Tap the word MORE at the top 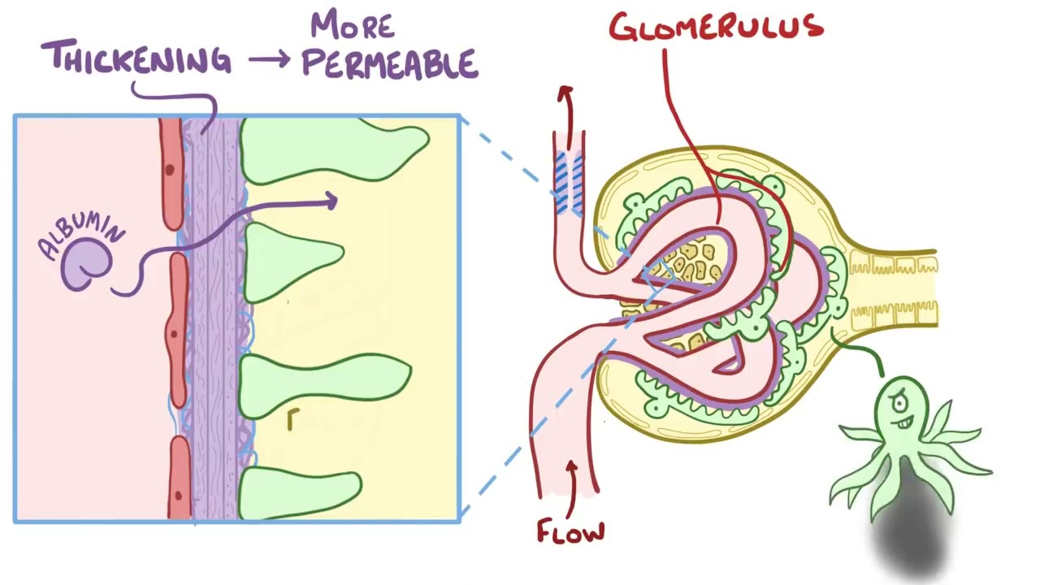click(353, 24)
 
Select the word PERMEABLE click(389, 63)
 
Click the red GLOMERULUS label click(717, 27)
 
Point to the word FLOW click(570, 531)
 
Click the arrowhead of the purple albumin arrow click(331, 201)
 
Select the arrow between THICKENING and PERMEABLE click(269, 60)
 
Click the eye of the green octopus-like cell click(899, 403)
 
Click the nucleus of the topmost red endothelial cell click(170, 170)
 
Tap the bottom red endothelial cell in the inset click(179, 479)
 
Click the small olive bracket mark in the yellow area click(292, 419)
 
